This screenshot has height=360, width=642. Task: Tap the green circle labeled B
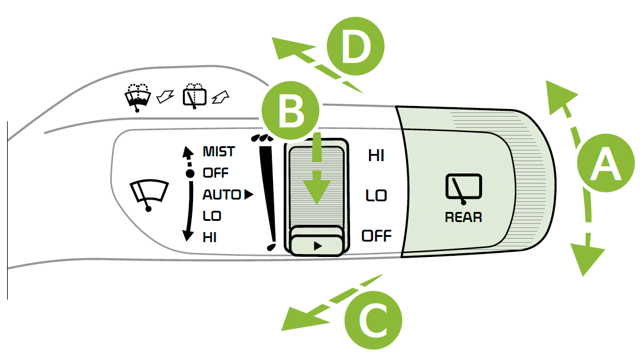point(291,112)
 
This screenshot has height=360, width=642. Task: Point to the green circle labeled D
point(355,47)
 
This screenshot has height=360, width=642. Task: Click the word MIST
point(219,152)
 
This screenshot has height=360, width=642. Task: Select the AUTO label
point(222,194)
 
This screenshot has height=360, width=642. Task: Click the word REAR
point(463,217)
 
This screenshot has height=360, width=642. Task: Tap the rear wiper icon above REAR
point(463,188)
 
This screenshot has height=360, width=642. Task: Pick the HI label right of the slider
point(376,156)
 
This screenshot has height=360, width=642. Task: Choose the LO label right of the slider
point(376,195)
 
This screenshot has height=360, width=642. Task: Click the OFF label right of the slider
point(377,236)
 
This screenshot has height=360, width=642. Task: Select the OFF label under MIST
point(216,173)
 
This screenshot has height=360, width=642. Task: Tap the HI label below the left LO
point(210,237)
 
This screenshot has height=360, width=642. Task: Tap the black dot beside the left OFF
point(190,173)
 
